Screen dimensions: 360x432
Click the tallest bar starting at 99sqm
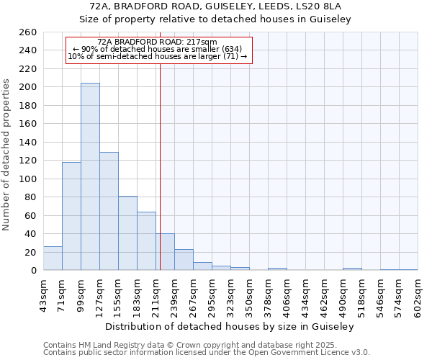coord(90,176)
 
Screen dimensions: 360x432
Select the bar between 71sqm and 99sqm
coord(71,216)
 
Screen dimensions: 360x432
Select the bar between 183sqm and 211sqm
coord(146,241)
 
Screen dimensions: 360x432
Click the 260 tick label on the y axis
coord(28,32)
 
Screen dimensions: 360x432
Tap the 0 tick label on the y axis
coord(33,271)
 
